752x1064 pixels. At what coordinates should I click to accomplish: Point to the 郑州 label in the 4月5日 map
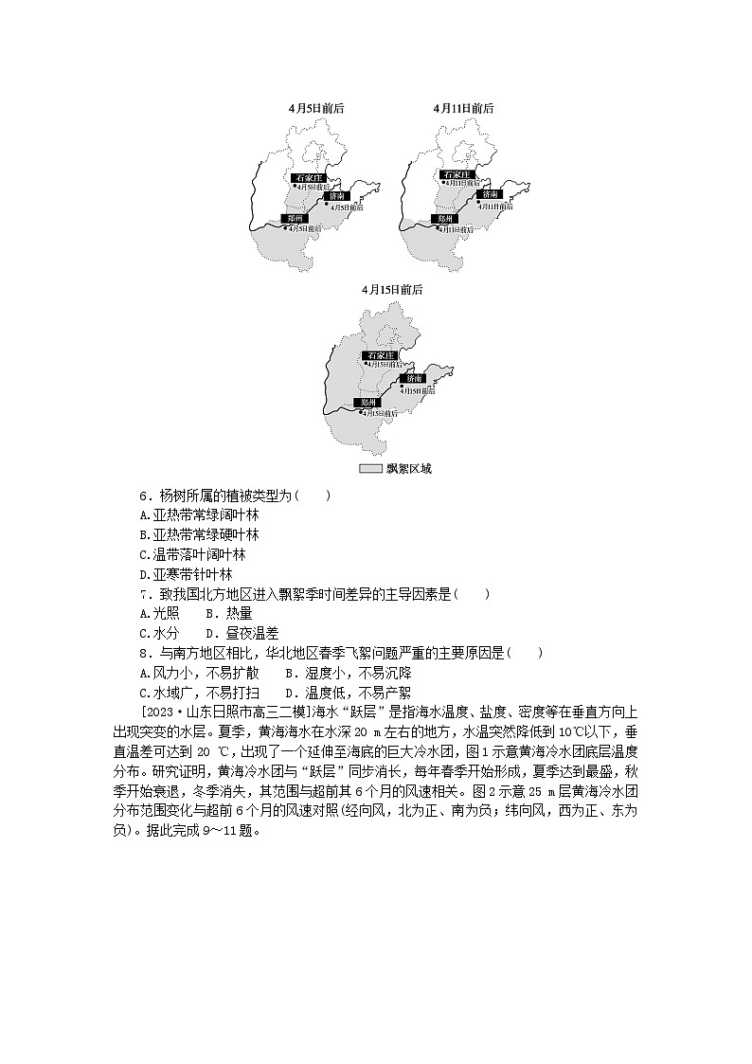(296, 218)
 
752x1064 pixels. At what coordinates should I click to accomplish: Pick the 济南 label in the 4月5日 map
(338, 195)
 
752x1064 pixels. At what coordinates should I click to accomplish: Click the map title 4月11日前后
(463, 108)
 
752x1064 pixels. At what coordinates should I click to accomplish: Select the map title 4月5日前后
(316, 108)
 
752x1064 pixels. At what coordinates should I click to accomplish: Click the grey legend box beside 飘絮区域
(368, 469)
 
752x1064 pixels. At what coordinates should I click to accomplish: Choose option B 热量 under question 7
(214, 613)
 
